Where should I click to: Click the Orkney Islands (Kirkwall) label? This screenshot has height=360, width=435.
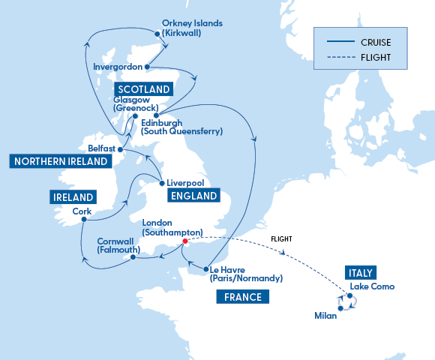point(192,28)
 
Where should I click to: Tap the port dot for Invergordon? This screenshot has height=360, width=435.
point(147,67)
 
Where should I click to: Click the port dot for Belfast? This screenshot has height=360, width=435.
point(120,148)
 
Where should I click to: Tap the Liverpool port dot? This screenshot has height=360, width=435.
point(162,182)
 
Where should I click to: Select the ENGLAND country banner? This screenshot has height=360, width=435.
point(193,196)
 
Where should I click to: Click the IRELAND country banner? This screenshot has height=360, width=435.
point(73,197)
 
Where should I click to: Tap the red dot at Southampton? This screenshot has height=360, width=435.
point(185,241)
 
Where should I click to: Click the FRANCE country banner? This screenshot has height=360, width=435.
point(242,297)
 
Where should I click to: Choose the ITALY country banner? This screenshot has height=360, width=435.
point(361,271)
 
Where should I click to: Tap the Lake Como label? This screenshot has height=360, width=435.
point(372,286)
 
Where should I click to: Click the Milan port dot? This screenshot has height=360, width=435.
point(340,308)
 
